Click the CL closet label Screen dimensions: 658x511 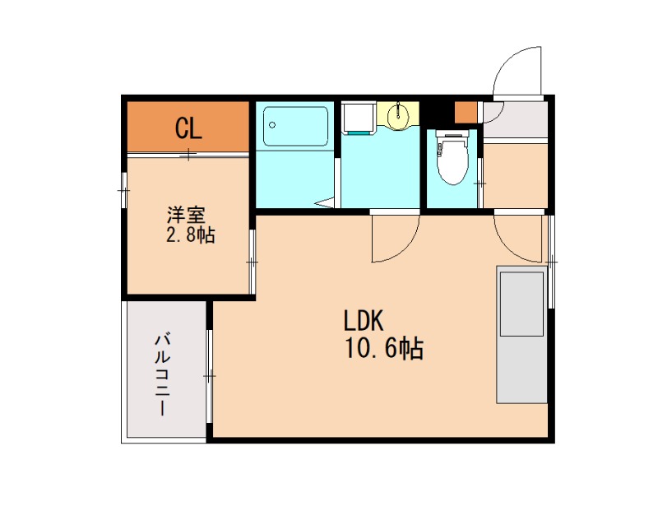tap(188, 128)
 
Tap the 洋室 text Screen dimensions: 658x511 tap(187, 215)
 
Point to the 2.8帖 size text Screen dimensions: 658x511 tap(191, 235)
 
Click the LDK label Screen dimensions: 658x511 tap(364, 320)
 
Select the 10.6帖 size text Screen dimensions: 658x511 tap(384, 348)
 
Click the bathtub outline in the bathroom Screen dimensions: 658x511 tap(296, 126)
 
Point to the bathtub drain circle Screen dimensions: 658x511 tap(272, 125)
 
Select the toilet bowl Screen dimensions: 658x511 tap(452, 159)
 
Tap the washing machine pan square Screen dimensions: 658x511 tap(358, 117)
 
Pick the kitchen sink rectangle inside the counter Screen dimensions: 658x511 tap(521, 304)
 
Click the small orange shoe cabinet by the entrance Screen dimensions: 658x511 tap(466, 112)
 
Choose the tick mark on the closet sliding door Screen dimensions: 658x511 tap(189, 155)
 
